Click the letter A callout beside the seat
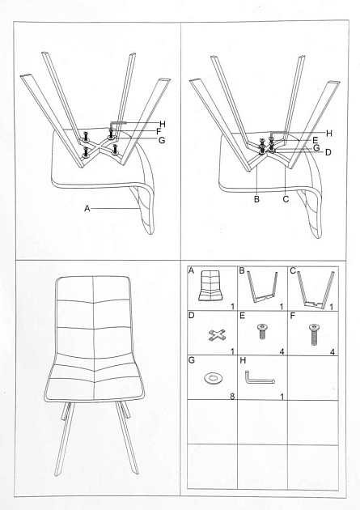[x=86, y=209]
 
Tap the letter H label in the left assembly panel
[x=163, y=124]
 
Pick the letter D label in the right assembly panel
[x=328, y=152]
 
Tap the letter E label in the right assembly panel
[x=327, y=139]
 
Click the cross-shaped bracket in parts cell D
[x=214, y=334]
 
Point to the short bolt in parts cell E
[x=262, y=331]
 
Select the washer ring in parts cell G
[x=215, y=377]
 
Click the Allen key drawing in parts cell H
[x=259, y=379]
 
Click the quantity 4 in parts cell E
[x=282, y=352]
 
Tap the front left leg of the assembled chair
[x=65, y=441]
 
